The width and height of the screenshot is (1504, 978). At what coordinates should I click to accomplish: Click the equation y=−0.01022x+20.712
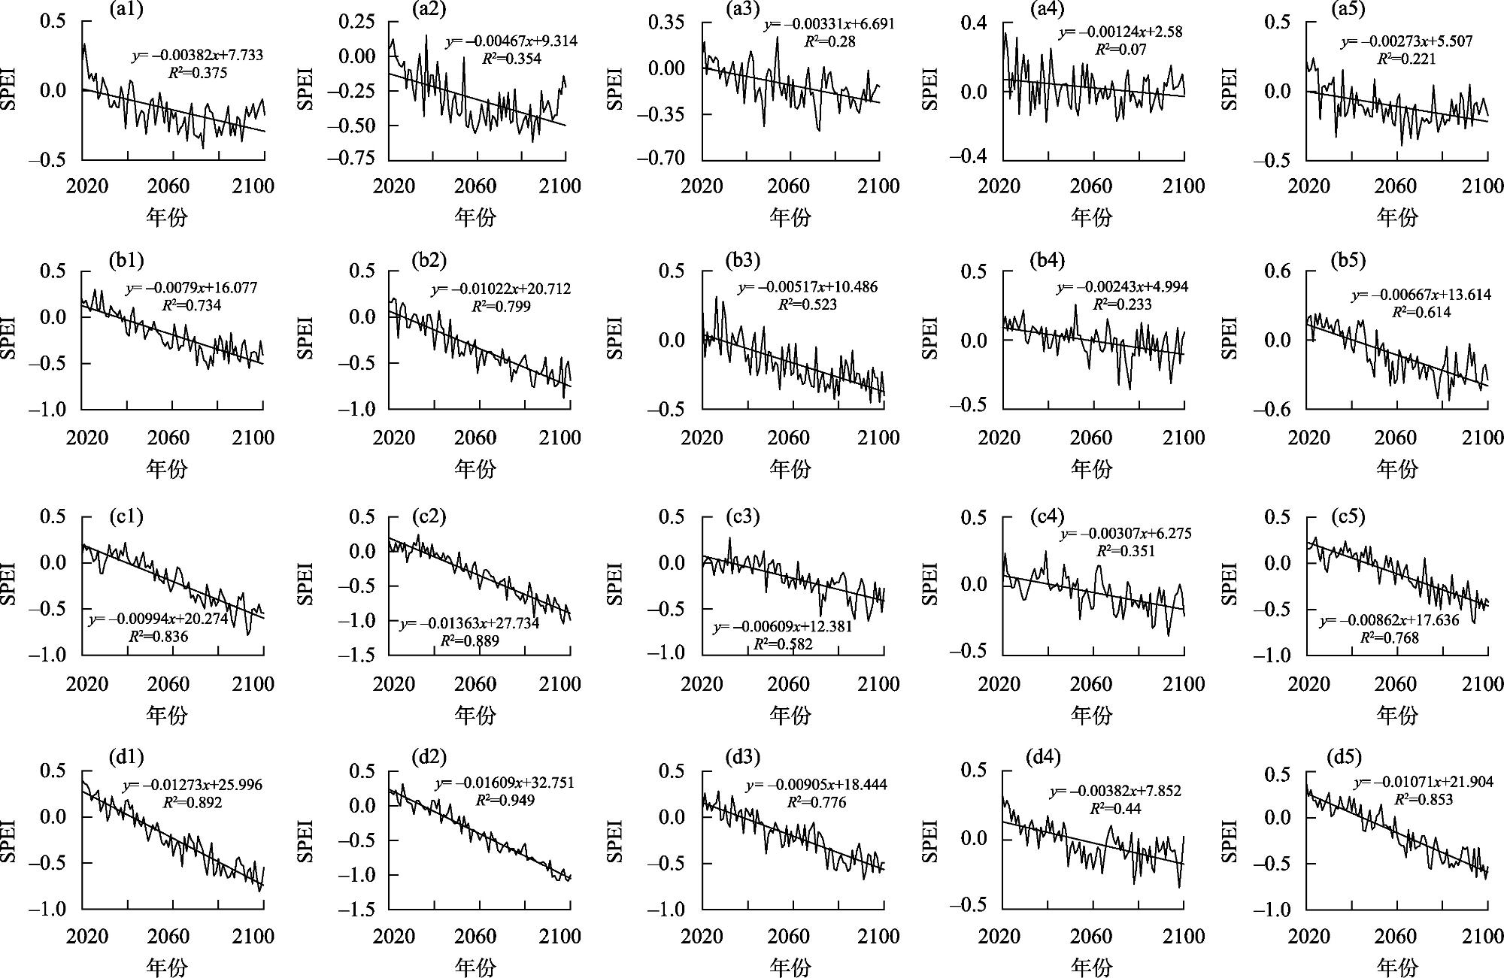coord(501,289)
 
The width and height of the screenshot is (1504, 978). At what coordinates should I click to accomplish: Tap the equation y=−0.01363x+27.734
coord(469,624)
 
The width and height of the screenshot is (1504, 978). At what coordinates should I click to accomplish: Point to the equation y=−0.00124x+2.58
coord(1120,32)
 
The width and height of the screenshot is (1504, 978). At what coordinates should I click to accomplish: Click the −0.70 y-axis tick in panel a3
coord(660,159)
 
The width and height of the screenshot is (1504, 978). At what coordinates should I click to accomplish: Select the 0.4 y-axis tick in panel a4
coord(974,23)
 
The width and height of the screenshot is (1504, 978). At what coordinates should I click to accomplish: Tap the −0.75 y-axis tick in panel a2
coord(350,159)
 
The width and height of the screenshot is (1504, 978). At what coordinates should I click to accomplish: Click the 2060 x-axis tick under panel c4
coord(1091,684)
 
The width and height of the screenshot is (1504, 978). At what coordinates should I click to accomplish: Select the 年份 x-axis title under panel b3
coord(790,469)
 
